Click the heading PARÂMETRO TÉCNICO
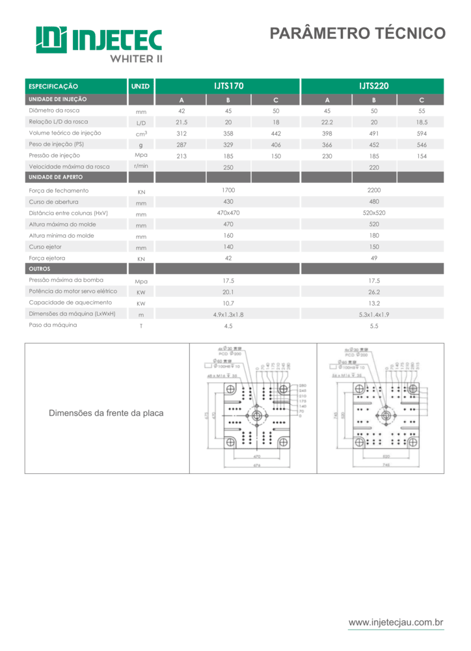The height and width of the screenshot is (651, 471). click(357, 33)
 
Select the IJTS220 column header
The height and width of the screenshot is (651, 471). click(373, 86)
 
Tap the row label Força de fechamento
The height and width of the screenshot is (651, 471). click(59, 191)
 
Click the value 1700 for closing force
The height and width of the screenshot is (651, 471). click(228, 190)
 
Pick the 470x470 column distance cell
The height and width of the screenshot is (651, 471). click(228, 213)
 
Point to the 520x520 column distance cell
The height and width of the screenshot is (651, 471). click(373, 213)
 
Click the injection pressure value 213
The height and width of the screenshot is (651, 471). click(182, 156)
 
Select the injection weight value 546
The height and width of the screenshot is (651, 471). click(422, 145)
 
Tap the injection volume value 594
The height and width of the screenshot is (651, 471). click(422, 133)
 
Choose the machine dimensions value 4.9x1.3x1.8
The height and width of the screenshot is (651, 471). click(228, 314)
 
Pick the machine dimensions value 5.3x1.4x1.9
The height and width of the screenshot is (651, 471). click(373, 314)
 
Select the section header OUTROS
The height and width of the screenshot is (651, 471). click(40, 268)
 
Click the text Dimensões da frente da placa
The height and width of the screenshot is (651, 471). click(107, 413)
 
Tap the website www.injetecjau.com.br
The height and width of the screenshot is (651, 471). click(396, 623)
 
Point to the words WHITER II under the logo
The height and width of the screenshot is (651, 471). click(136, 58)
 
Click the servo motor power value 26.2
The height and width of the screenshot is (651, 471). click(373, 292)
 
